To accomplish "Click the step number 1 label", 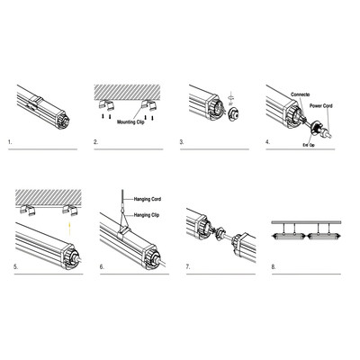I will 8,143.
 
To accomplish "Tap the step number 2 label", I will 94,143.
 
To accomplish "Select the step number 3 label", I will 182,143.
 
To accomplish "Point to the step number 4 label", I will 268,143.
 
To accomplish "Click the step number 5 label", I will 8,268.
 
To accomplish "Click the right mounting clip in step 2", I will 154,104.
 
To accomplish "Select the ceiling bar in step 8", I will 306,220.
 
